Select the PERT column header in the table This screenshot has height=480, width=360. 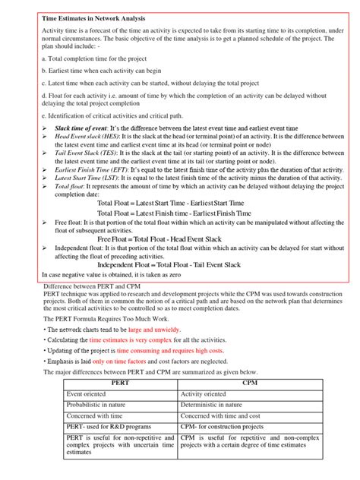(120, 385)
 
